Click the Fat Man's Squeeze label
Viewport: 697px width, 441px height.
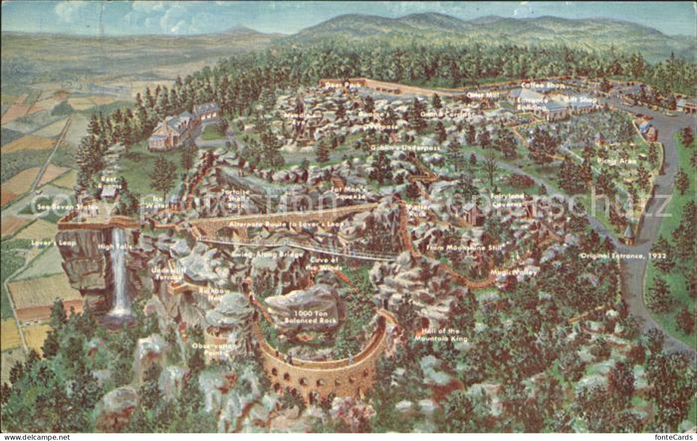pyautogui.click(x=349, y=193)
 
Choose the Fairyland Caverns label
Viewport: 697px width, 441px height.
pyautogui.click(x=507, y=199)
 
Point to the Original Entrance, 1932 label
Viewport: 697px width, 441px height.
pyautogui.click(x=623, y=256)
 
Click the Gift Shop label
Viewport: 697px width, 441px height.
pyautogui.click(x=579, y=99)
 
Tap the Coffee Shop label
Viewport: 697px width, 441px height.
pyautogui.click(x=537, y=85)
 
